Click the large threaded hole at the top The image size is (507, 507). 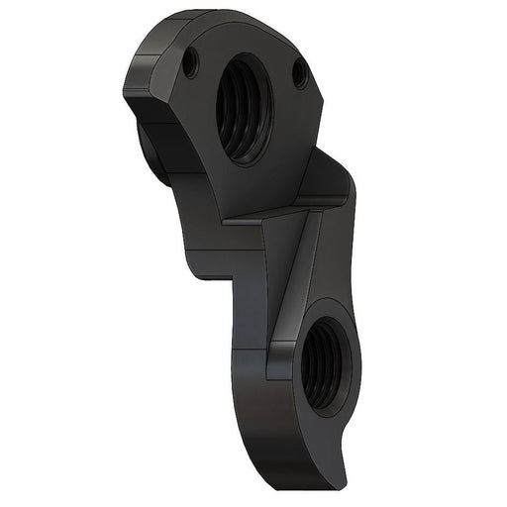[244, 107]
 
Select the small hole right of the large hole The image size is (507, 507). [299, 73]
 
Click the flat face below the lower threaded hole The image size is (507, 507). [297, 436]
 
